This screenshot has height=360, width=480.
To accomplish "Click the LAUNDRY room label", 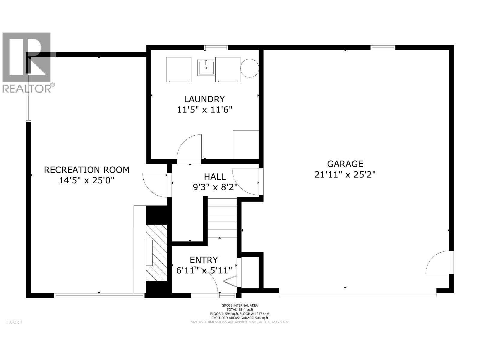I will (x=204, y=99).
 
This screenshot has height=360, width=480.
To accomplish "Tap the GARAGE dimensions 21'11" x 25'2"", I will (x=345, y=174).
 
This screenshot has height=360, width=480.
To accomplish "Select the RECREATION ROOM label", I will (x=87, y=170).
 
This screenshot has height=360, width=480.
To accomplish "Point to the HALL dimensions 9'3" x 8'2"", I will (x=215, y=187).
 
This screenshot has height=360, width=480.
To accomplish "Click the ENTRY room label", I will (x=204, y=260).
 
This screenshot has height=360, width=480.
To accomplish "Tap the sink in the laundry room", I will (x=206, y=67).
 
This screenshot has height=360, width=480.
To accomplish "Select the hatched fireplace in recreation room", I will (x=156, y=253).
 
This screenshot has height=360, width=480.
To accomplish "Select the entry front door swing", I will (x=205, y=283).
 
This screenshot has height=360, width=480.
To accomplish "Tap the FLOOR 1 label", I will (x=14, y=322).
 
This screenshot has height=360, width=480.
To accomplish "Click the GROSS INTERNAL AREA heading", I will (x=240, y=305).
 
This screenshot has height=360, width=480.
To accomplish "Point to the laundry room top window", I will (x=216, y=47).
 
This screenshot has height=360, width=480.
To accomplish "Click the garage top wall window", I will (x=383, y=47).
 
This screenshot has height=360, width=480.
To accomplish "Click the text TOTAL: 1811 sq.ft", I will (x=240, y=310).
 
